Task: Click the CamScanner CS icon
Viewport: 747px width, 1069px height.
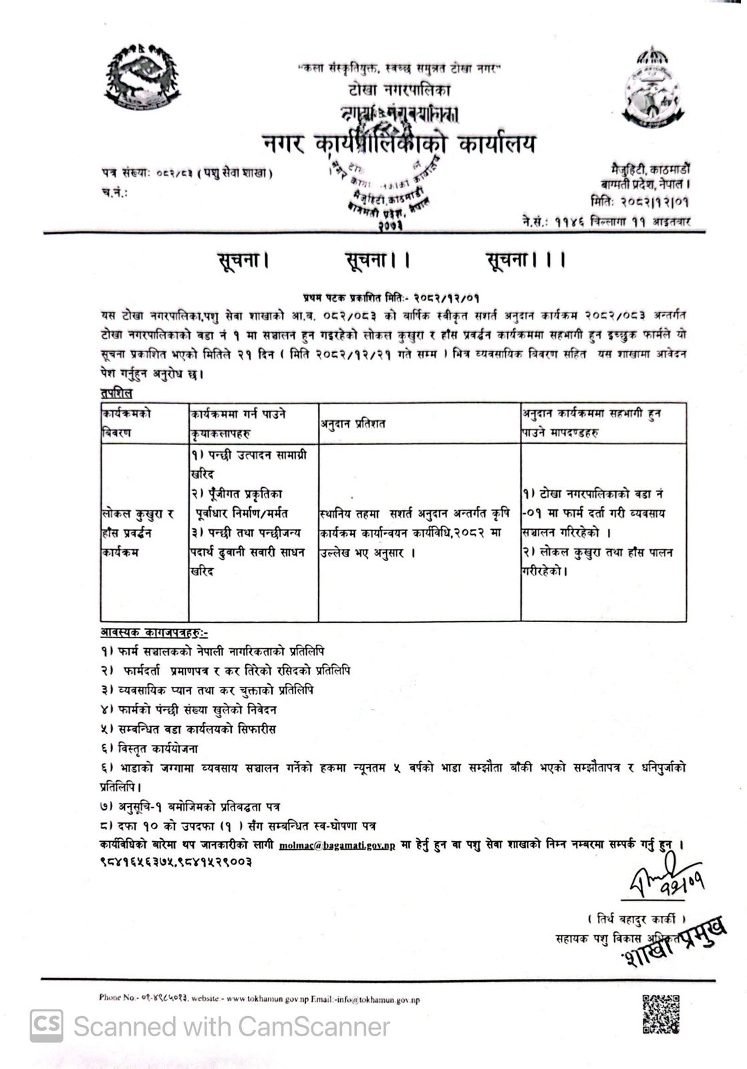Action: (46, 1026)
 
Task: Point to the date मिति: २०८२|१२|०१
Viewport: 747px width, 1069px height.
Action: (639, 200)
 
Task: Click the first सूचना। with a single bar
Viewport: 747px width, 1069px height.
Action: (242, 260)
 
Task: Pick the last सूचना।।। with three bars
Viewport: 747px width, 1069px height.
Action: (525, 260)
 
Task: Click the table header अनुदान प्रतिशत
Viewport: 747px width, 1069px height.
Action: (352, 424)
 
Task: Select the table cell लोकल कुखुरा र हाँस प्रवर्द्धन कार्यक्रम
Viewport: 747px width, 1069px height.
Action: (137, 533)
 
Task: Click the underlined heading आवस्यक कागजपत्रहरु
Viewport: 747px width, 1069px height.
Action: (154, 632)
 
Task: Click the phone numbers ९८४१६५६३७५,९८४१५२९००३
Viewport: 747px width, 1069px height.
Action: (176, 862)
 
